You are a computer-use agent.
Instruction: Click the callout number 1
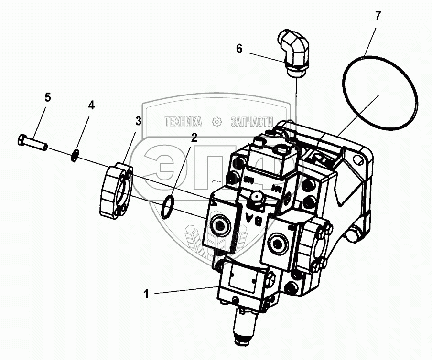146,295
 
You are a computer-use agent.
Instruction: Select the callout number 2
194,138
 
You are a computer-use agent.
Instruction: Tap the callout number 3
138,121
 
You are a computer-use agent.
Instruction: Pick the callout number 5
47,97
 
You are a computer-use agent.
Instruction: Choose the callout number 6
239,48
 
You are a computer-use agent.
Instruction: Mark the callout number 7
378,16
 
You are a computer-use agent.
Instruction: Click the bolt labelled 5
32,142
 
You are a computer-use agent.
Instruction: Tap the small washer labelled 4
75,156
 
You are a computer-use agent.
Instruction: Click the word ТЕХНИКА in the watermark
183,122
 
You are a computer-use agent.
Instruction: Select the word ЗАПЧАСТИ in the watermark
251,122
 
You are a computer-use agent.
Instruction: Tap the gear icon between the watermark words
217,122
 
